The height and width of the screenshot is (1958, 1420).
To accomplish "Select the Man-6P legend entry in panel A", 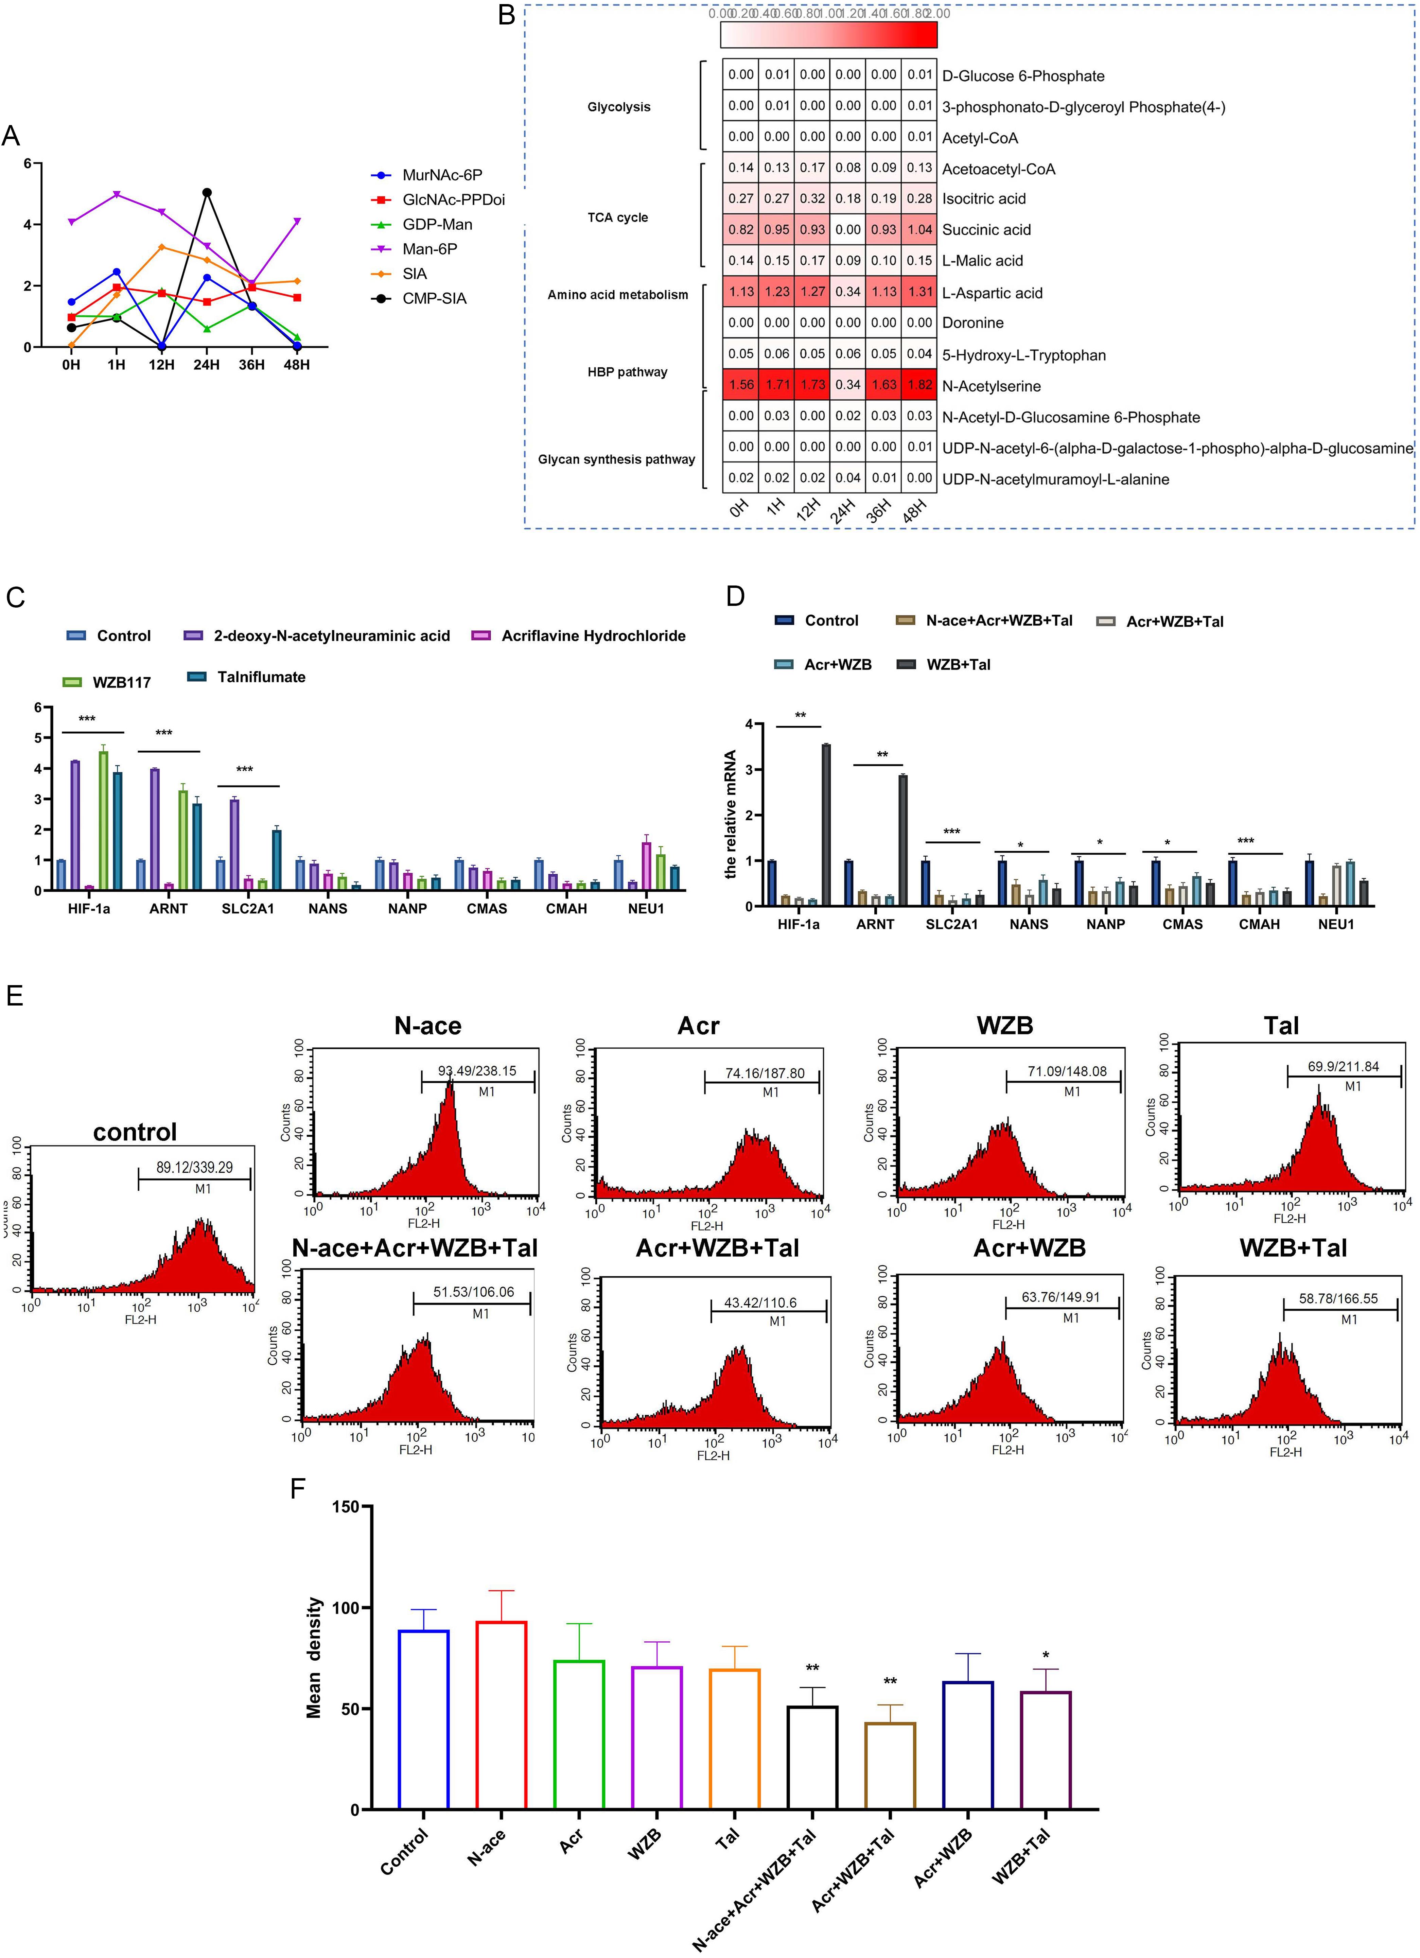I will [429, 249].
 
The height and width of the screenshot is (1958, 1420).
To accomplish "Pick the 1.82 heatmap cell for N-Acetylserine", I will [919, 385].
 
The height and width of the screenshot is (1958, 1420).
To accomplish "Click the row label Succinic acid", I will [986, 230].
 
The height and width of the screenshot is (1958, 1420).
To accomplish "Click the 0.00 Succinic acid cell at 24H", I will [848, 230].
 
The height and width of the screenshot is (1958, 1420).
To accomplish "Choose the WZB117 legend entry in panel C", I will [121, 682].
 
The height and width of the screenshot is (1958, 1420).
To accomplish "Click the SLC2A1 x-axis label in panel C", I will [248, 908].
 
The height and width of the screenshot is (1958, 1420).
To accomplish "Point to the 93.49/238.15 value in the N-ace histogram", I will [476, 1070].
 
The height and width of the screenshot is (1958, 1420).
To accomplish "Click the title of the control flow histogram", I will [135, 1132].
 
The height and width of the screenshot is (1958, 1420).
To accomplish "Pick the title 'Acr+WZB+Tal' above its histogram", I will [717, 1248].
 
